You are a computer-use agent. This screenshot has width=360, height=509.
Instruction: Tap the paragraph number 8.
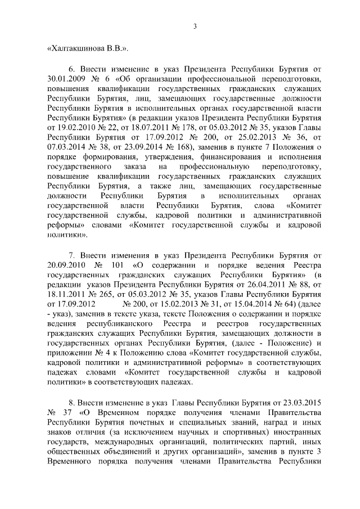coord(71,403)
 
